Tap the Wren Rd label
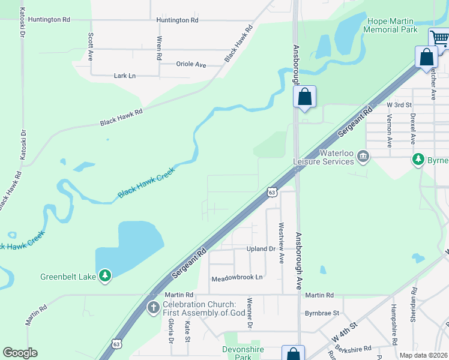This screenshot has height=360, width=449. point(159,48)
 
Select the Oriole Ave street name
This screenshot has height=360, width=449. point(191,64)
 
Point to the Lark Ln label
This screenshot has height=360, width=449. point(125,76)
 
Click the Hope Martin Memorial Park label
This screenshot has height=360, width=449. point(392,25)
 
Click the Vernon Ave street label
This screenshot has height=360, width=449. point(389,132)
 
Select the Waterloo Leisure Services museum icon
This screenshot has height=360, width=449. point(363,157)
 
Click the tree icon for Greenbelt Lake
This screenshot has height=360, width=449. point(106,275)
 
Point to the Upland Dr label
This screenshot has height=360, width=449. point(261,248)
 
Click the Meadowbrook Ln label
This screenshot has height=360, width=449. point(237,278)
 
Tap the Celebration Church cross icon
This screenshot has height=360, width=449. point(154,308)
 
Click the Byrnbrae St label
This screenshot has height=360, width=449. point(322,313)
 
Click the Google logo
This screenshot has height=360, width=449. point(20,353)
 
